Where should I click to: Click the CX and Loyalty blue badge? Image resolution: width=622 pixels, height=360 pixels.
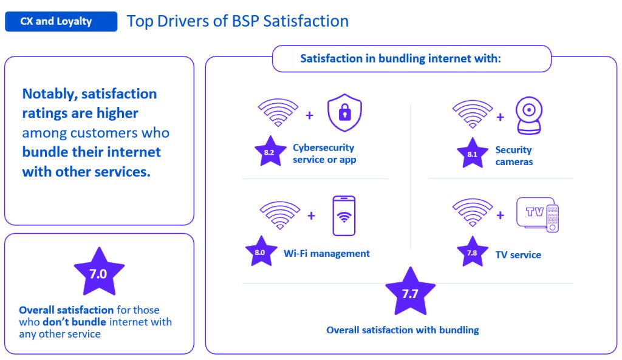coord(61,21)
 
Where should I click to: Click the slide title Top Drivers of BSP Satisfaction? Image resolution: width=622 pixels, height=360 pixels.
coord(238,21)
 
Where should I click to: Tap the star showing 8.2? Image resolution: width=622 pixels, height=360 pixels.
coord(270,151)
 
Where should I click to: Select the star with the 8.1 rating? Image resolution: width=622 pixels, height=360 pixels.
coord(472,153)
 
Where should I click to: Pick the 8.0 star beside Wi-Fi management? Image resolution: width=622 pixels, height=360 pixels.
coord(261,251)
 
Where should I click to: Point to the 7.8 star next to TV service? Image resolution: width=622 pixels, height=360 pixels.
coord(472,252)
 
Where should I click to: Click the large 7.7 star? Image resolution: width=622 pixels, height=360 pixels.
coord(410,293)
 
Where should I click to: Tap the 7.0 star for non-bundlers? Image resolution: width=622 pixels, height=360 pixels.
coord(99,273)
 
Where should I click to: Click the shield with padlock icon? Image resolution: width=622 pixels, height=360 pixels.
coord(344,112)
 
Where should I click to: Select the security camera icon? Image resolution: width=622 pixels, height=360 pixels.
coord(529,115)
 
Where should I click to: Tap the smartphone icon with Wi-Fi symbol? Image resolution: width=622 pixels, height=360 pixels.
coord(344,216)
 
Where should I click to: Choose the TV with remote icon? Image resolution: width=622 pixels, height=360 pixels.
coord(538,214)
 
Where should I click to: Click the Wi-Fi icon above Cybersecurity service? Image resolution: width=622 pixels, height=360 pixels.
coord(278,112)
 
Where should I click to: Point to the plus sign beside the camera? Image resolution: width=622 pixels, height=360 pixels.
coord(501,117)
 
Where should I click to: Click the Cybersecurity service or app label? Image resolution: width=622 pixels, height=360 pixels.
coord(324,154)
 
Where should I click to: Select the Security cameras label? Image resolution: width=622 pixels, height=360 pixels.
coord(514,156)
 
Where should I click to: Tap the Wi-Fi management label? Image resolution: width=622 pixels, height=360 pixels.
coord(326,253)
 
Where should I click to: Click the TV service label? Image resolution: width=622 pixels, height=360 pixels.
coord(518,254)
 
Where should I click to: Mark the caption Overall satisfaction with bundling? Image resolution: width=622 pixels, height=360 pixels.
coord(403,330)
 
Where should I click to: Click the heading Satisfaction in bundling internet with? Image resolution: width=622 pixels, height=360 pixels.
coord(401,59)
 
